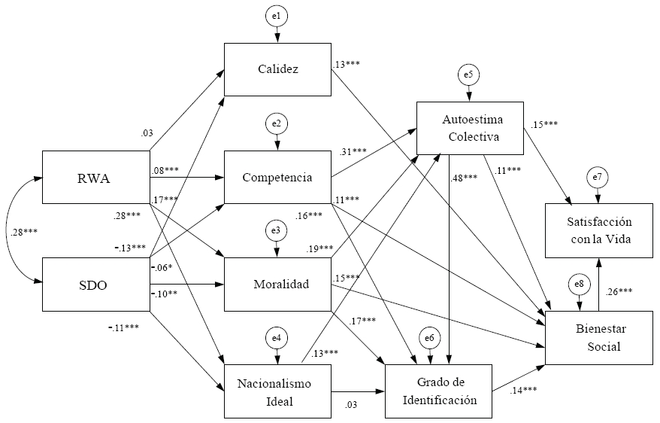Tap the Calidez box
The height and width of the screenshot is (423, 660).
(278, 70)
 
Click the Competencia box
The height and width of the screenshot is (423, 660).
(278, 178)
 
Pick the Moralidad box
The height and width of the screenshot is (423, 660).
(278, 285)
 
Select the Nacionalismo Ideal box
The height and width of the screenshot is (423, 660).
(278, 391)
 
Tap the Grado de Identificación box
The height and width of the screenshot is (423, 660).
(440, 391)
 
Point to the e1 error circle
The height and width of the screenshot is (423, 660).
(277, 16)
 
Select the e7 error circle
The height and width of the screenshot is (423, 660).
(598, 177)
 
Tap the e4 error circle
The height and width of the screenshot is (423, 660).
(277, 338)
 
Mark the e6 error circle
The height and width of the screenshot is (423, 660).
(429, 339)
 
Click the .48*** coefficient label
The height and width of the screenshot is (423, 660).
(464, 178)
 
